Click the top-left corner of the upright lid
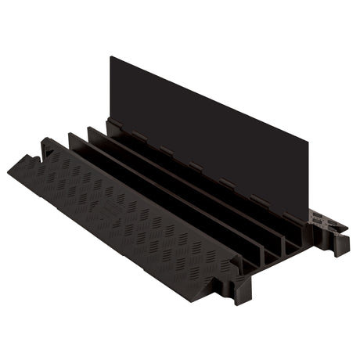(110, 56)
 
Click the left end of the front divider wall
(72, 141)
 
